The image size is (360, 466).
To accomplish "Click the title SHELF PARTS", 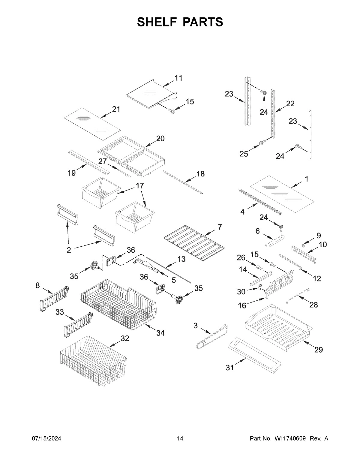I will tap(180, 22).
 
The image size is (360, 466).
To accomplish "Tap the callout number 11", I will tap(178, 78).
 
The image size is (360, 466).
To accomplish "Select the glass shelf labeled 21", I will tap(92, 124).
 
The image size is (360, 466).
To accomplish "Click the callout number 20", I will tap(160, 138).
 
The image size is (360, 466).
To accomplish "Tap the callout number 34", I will tap(160, 333).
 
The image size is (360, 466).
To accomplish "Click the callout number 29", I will tap(319, 350).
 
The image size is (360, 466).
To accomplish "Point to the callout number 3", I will tap(196, 325).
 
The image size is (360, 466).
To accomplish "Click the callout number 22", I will tap(290, 104).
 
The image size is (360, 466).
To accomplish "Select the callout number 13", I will tap(181, 259).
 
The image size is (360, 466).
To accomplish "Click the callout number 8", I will tap(37, 285).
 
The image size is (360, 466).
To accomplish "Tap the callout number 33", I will tap(59, 312).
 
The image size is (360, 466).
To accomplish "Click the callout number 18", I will tap(200, 173).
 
